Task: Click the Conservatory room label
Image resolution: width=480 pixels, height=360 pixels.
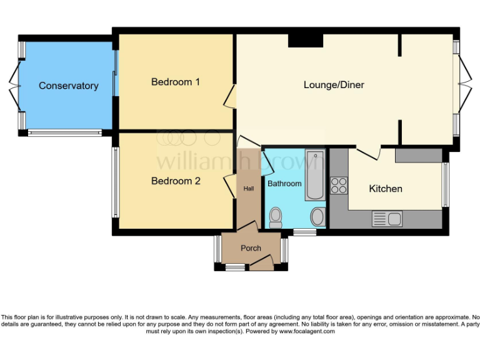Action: [x=68, y=86]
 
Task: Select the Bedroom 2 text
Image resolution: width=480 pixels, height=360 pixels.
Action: [x=176, y=181]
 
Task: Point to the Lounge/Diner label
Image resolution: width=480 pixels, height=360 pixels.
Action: [x=334, y=85]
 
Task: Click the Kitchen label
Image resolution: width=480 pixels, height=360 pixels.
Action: [x=386, y=188]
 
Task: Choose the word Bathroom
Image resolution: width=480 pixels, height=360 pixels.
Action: [x=284, y=184]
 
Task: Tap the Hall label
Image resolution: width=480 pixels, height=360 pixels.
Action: [x=248, y=189]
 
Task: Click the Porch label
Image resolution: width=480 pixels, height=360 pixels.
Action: [x=251, y=248]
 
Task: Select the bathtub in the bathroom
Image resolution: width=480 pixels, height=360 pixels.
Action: [x=315, y=174]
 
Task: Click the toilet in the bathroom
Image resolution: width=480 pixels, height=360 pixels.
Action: [x=275, y=217]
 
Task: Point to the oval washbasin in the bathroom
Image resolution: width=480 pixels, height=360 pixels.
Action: [x=317, y=217]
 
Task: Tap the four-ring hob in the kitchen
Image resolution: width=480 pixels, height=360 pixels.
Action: [x=339, y=185]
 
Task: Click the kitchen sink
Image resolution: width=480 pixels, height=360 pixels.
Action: [x=387, y=219]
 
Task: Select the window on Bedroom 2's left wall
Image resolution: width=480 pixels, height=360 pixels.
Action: [x=115, y=182]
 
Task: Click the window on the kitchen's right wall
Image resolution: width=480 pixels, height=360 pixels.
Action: [x=446, y=185]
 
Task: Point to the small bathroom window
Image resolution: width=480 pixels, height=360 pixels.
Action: [x=304, y=232]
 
